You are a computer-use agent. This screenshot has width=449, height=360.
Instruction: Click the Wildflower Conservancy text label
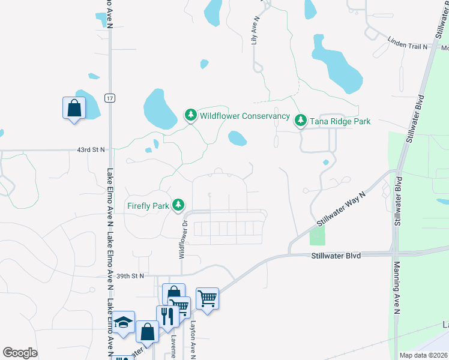click(x=244, y=116)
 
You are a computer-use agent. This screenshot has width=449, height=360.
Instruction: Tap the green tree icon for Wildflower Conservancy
click(x=191, y=114)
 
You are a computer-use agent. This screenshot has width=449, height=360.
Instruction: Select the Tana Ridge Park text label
click(x=340, y=121)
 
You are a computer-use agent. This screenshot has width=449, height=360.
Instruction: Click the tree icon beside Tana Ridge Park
click(x=301, y=121)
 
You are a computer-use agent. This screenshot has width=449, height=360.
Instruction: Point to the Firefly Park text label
click(x=148, y=206)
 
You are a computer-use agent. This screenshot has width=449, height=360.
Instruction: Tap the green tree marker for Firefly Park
click(x=178, y=205)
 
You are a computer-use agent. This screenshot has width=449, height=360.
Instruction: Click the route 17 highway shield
click(x=109, y=98)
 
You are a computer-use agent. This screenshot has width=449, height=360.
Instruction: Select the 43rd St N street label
click(x=91, y=149)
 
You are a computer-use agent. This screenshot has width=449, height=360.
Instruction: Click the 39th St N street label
click(x=131, y=276)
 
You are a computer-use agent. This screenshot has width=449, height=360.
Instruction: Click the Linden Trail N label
click(x=407, y=46)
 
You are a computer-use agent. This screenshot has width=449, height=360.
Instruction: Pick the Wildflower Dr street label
click(x=181, y=239)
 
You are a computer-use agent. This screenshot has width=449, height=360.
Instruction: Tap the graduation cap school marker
click(x=123, y=323)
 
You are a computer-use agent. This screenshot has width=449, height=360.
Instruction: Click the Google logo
click(x=20, y=353)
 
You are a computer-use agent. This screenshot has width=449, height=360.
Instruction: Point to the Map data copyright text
click(x=423, y=355)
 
